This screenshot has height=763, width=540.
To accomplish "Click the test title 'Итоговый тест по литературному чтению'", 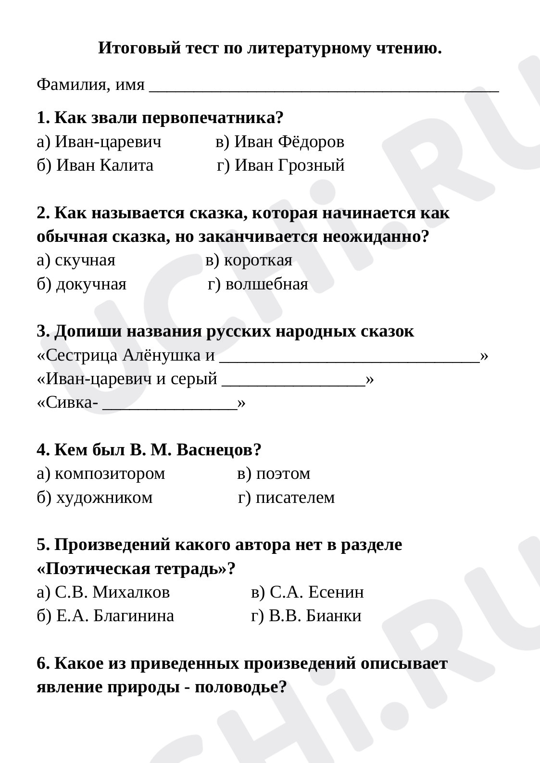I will pos(270,49).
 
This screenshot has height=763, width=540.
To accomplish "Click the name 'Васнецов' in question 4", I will pos(214,450).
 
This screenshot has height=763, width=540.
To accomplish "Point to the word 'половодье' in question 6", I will pos(234,688).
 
